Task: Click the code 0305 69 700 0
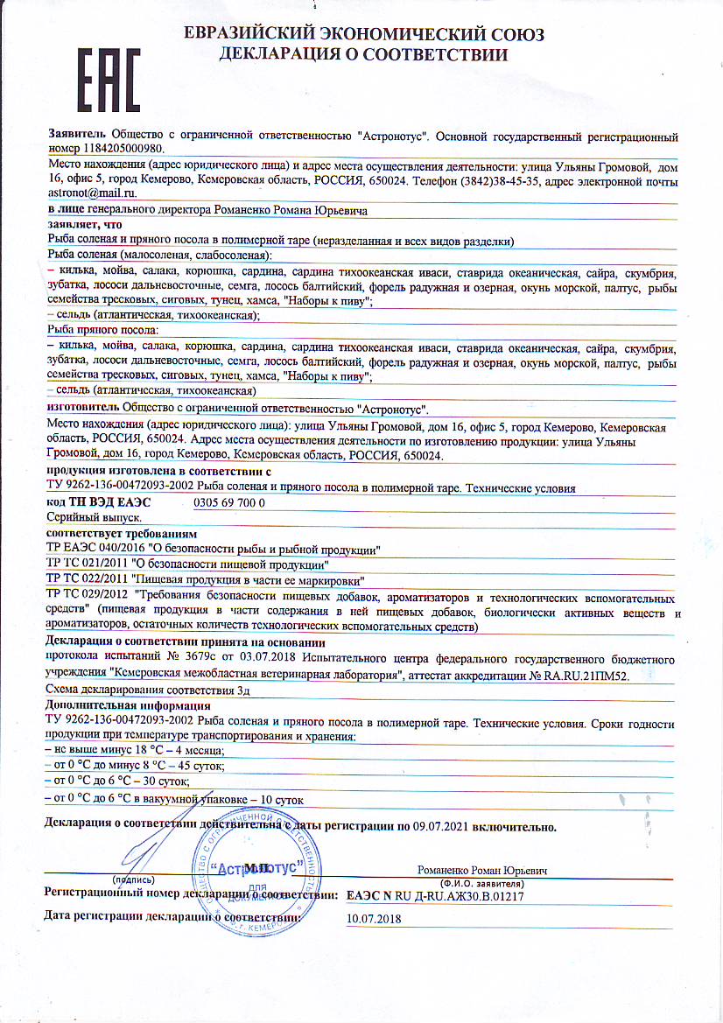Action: pos(228,503)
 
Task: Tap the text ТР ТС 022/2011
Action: pos(85,579)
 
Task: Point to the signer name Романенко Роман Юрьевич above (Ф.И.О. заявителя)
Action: pos(482,872)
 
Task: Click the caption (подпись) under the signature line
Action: pos(130,879)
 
